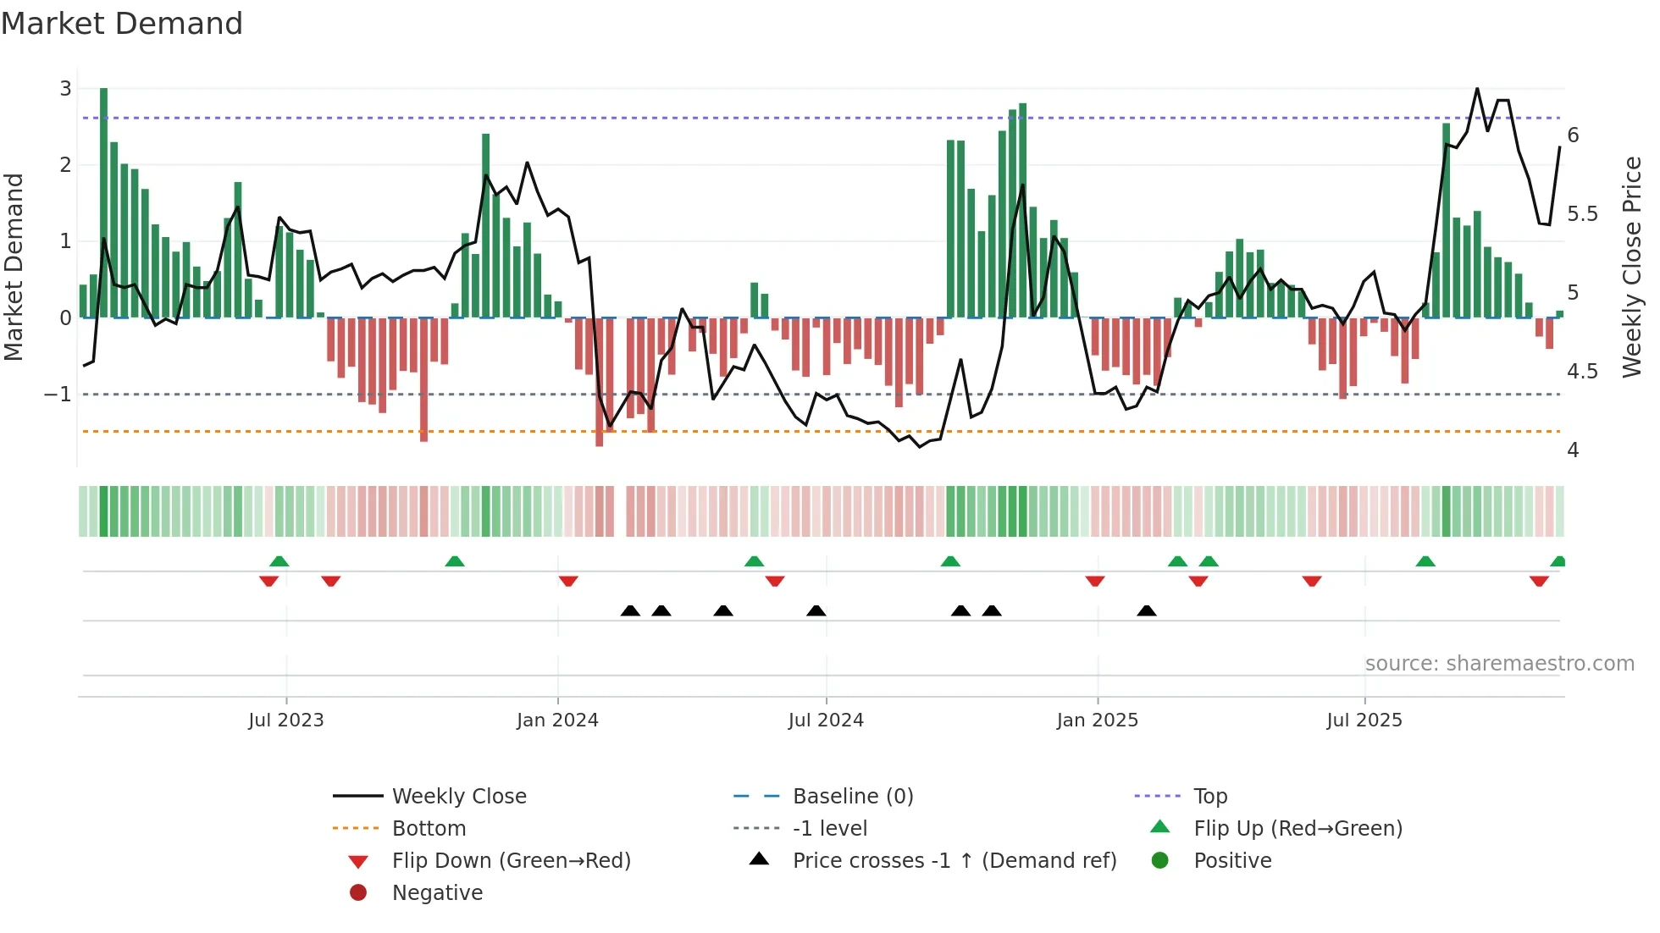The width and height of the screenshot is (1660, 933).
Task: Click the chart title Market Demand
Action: click(122, 24)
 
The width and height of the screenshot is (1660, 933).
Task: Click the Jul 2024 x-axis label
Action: click(826, 720)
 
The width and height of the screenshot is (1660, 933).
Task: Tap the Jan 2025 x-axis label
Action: click(1098, 720)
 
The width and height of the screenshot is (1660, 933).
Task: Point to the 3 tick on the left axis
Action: click(65, 89)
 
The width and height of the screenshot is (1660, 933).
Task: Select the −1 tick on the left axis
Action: click(58, 395)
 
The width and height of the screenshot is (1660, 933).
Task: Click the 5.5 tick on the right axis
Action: click(1582, 214)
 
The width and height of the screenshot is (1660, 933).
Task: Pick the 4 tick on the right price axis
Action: click(1573, 450)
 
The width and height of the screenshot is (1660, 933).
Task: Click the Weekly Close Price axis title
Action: click(1632, 267)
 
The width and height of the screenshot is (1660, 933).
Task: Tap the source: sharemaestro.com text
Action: click(1499, 664)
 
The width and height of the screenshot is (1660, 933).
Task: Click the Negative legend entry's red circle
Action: click(358, 893)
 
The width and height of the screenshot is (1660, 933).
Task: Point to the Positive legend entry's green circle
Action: click(1160, 861)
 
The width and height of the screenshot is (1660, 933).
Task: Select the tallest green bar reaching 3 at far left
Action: click(103, 203)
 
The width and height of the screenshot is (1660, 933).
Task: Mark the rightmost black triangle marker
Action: click(1147, 610)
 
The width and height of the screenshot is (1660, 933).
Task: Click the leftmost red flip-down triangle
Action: click(268, 581)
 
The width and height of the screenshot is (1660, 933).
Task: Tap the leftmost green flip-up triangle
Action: click(279, 560)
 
